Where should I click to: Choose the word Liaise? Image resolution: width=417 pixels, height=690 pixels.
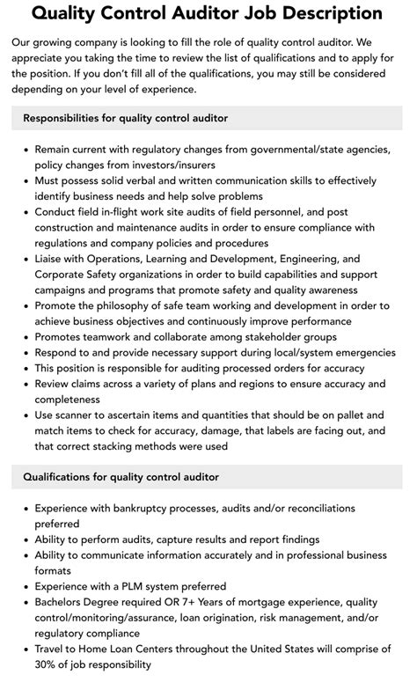coord(52,260)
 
